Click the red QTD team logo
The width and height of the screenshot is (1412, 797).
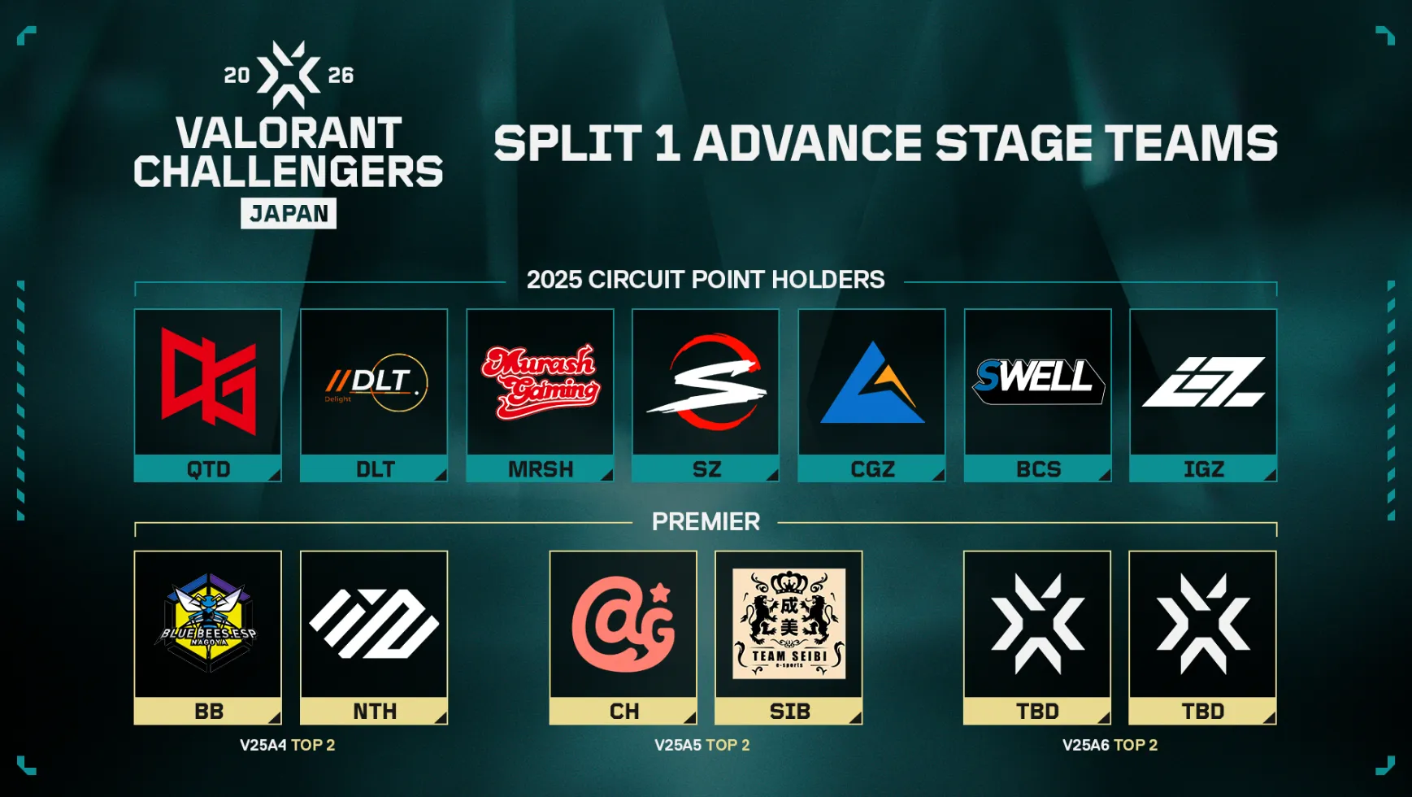pos(208,381)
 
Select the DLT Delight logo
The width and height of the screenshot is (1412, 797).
pos(375,381)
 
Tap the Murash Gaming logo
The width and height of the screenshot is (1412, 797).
pos(540,381)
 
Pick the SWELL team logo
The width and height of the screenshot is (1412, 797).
pos(1037,380)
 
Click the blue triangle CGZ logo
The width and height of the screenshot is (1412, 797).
pos(871,383)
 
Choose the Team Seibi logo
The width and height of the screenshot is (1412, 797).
pos(789,624)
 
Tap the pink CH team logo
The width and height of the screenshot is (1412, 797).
pos(623,624)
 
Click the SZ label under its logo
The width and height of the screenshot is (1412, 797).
pos(706,469)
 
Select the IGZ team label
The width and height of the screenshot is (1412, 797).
pos(1203,469)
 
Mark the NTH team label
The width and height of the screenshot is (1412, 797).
pos(375,712)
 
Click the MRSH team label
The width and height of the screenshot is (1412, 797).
pos(541,469)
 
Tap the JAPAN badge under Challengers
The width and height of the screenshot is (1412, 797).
pos(289,214)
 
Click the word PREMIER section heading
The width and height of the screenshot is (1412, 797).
pos(706,521)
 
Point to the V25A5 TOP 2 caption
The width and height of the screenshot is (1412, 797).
pos(702,745)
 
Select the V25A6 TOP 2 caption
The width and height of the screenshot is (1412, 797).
pos(1110,745)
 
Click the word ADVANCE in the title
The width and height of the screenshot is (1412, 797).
pos(808,144)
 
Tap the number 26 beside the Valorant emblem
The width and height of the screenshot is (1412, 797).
pos(341,76)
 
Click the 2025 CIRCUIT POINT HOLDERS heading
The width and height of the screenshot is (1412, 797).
pos(706,280)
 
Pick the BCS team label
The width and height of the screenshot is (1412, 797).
pos(1038,469)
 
